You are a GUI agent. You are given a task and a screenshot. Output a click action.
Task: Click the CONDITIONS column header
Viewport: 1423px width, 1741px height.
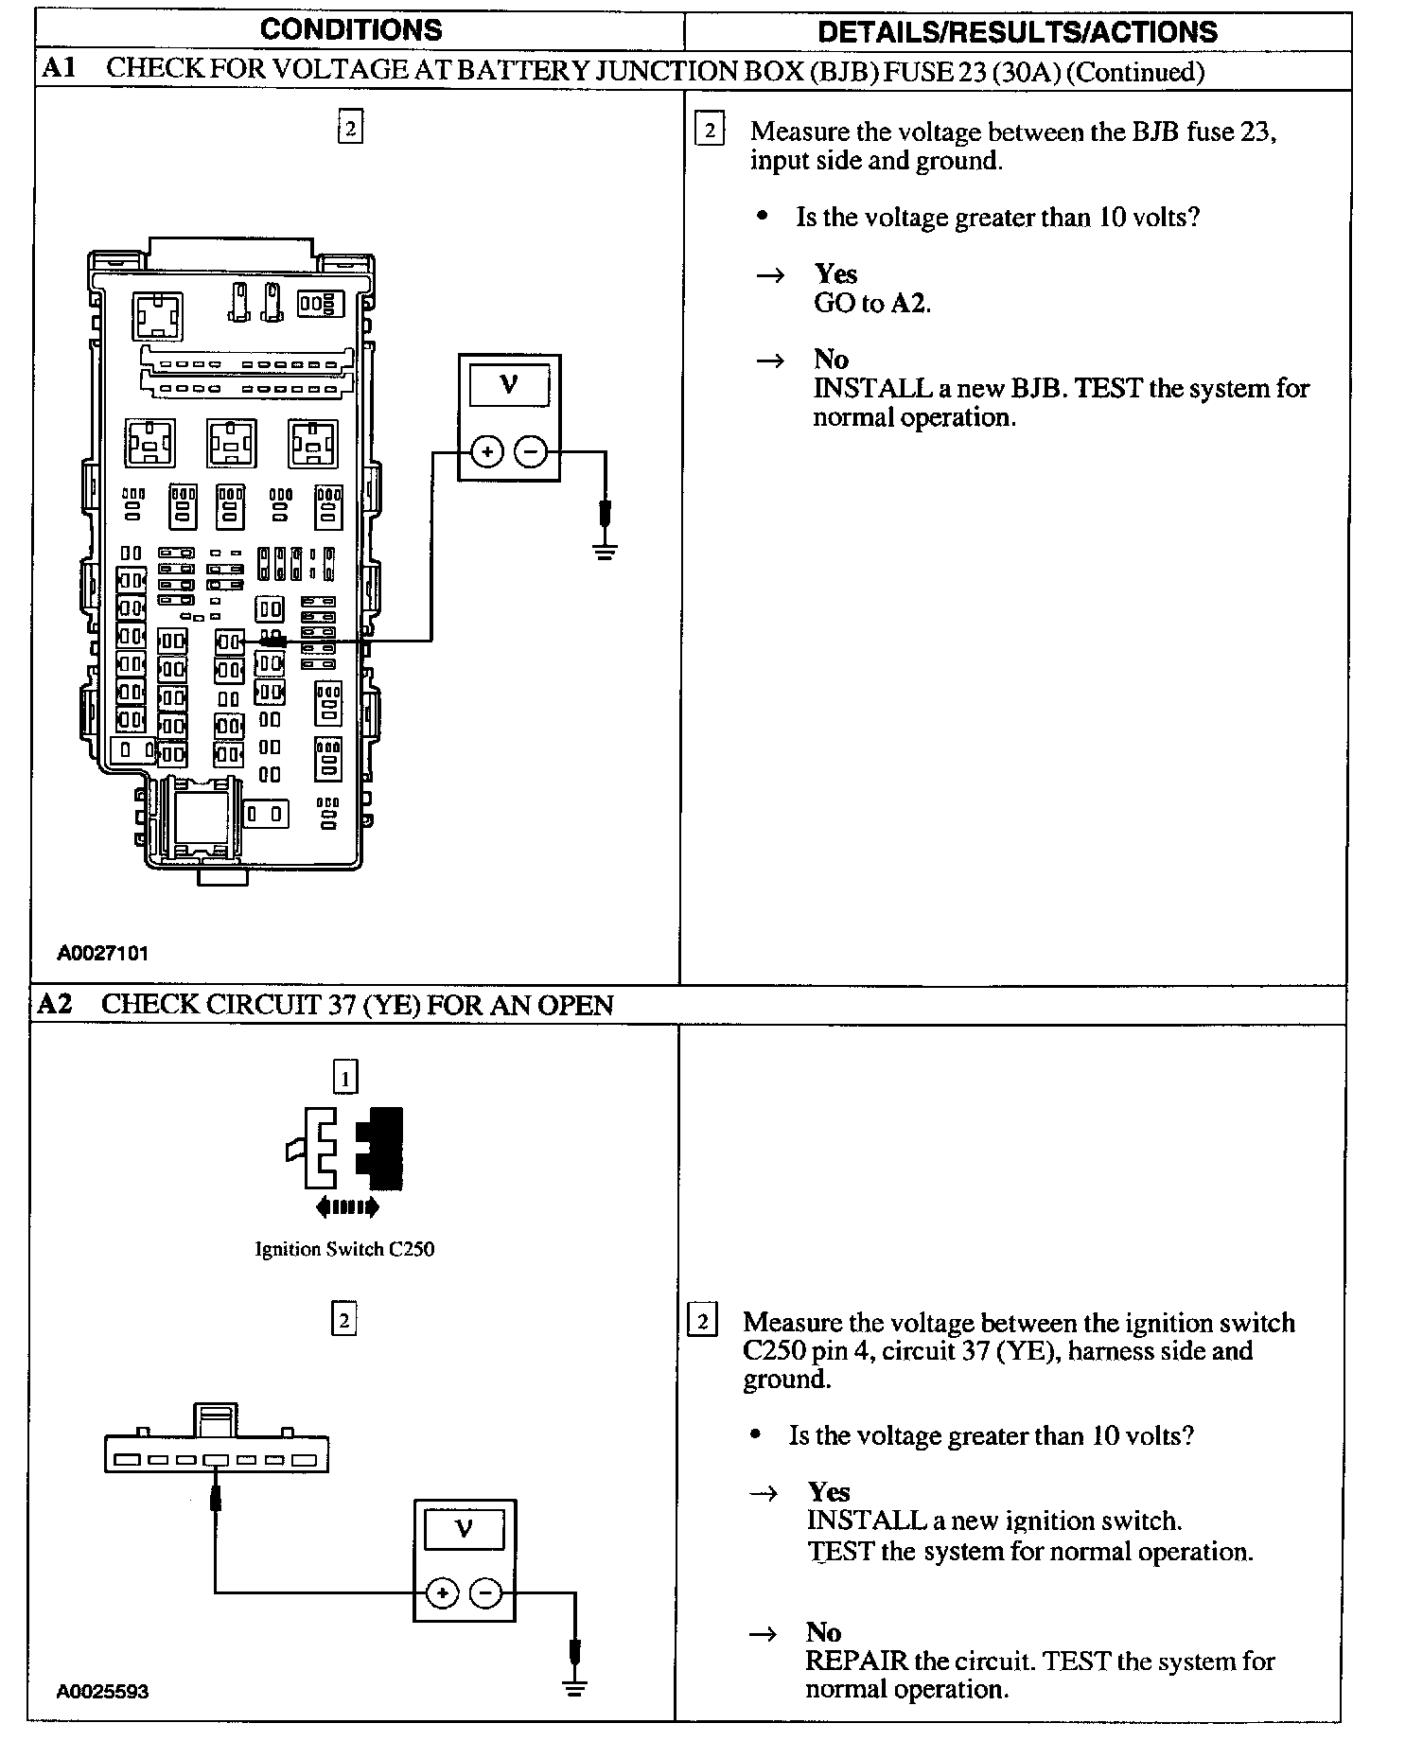coord(351,30)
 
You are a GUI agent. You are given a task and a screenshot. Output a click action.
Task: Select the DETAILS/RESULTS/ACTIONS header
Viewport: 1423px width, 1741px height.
coord(1017,32)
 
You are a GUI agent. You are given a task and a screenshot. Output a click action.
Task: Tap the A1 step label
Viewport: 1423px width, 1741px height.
coord(59,69)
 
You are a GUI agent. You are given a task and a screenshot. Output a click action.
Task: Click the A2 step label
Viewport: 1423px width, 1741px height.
coord(55,1005)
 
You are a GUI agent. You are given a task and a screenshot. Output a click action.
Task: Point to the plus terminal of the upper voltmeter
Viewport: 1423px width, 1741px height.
coord(486,452)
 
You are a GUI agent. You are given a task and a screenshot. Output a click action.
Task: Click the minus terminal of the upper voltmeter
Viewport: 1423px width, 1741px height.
coord(531,452)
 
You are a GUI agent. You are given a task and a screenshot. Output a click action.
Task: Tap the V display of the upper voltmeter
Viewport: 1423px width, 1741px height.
coord(509,385)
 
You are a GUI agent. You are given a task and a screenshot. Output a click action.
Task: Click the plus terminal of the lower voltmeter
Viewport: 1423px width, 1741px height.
coord(442,1594)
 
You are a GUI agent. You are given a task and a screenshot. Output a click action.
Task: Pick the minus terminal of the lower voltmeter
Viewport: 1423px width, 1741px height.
coord(485,1594)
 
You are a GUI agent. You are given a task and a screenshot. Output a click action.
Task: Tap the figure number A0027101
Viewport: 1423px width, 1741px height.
coord(102,954)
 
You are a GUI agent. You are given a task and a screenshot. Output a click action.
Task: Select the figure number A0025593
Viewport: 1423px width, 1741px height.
coord(102,1692)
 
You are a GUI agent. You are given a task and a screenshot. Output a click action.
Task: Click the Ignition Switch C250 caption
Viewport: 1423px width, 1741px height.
coord(344,1249)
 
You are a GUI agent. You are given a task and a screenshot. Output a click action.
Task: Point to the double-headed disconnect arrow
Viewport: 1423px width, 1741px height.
coord(347,1206)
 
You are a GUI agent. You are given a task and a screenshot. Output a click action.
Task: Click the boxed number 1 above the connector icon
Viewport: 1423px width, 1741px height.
coord(345,1078)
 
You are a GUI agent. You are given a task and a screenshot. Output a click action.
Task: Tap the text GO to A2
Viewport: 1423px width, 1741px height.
coord(872,304)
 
